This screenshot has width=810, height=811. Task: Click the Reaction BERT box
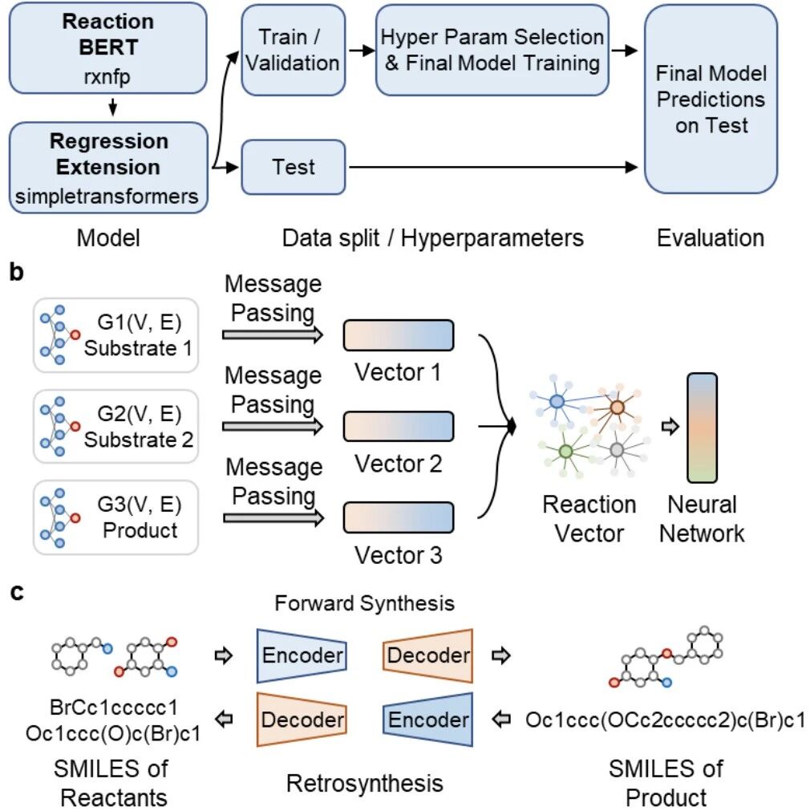107,48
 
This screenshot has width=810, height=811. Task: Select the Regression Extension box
108,168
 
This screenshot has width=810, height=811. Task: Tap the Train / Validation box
294,51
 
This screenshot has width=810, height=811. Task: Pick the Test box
294,167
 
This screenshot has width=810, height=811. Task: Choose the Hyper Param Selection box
492,51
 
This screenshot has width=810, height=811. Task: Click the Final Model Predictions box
711,99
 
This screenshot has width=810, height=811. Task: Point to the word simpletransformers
107,197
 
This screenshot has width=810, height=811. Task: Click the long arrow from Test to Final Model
493,167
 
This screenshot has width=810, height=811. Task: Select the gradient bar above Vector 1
399,335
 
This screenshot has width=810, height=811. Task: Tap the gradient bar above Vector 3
399,517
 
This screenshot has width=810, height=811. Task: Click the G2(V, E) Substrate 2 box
115,426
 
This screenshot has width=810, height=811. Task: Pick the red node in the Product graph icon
75,517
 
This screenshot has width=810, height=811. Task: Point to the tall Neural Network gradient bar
702,428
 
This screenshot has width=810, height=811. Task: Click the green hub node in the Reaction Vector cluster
566,452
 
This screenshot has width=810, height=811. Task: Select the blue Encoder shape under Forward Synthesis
302,656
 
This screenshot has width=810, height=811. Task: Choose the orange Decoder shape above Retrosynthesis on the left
302,720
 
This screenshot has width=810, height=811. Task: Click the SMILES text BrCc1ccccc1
113,707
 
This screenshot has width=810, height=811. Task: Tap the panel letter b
17,272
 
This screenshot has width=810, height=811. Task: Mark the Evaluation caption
711,238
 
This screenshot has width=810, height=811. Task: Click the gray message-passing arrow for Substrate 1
273,335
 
